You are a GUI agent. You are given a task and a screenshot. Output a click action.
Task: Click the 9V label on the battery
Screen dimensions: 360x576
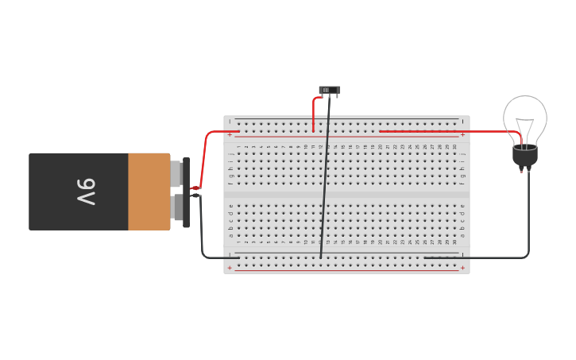[x=86, y=192]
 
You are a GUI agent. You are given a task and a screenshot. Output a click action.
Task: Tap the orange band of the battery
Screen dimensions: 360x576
[x=149, y=192]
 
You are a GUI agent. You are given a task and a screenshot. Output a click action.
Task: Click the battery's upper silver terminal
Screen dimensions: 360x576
[x=176, y=173]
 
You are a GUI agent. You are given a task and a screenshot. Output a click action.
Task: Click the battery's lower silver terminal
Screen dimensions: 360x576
[x=176, y=208]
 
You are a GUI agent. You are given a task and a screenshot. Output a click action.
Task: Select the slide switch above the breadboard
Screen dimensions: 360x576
[x=330, y=91]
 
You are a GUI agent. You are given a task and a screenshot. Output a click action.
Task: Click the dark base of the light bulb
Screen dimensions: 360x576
[x=524, y=156]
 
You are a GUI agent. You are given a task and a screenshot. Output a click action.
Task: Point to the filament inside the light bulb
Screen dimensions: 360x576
[x=525, y=127]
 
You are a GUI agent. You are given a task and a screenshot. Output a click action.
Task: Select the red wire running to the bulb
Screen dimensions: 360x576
[x=445, y=131]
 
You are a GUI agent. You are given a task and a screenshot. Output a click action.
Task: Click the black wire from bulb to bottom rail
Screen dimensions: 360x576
[x=528, y=223]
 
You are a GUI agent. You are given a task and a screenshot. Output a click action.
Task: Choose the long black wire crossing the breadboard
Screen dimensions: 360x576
[x=326, y=175]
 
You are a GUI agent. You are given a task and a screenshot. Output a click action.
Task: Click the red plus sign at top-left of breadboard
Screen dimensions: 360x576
[x=230, y=135]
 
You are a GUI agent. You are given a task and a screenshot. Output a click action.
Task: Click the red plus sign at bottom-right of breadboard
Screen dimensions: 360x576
[x=462, y=268]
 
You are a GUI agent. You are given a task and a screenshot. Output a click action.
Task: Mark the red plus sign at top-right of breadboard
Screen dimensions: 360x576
[x=462, y=135]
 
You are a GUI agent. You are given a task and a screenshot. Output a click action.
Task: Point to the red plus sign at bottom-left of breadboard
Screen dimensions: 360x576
[x=230, y=268]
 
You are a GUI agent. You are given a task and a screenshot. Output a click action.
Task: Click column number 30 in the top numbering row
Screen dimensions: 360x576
[x=455, y=147]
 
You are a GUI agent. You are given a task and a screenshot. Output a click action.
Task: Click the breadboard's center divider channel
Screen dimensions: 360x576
[x=346, y=195]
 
